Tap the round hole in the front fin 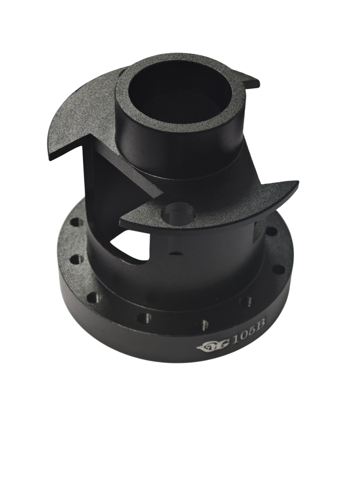point(178,214)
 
